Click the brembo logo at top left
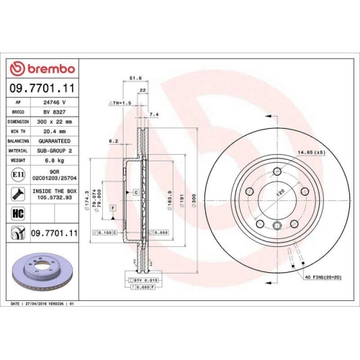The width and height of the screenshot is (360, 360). tap(41, 68)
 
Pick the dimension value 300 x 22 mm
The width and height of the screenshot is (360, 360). tap(58, 122)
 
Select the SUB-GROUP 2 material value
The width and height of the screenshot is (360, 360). tap(58, 150)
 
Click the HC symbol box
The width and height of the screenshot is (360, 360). tap(17, 212)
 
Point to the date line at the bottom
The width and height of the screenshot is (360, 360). tap(45, 305)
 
